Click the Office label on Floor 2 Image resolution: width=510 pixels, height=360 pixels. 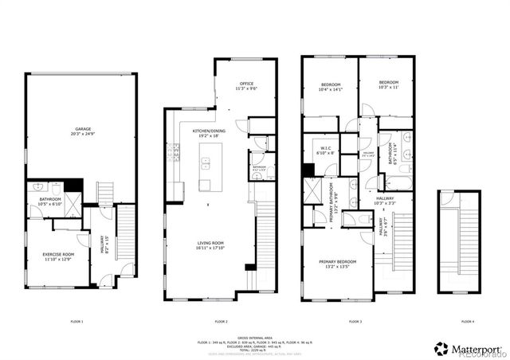pos(245,85)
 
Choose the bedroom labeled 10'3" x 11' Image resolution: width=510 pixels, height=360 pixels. pos(388,84)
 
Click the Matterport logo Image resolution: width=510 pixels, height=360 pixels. pos(470,347)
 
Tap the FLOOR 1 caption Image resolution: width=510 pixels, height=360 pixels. pos(76,320)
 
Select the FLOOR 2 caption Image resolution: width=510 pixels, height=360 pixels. pos(221,320)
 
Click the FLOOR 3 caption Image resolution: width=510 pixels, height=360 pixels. pos(355,320)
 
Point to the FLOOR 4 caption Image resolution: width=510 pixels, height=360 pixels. pos(468,320)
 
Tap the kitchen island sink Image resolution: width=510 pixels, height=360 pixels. pos(205,166)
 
